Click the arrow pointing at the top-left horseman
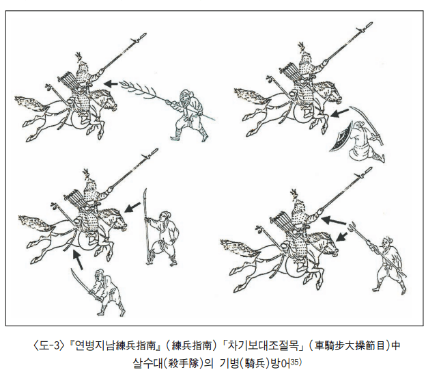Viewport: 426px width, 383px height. [111, 83]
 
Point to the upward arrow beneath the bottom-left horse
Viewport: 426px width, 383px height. [78, 259]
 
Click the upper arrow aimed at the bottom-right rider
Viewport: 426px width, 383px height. [334, 220]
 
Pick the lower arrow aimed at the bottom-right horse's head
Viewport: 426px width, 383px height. [342, 237]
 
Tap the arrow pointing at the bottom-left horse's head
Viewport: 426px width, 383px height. [132, 207]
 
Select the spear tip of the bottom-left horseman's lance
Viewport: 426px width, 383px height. [152, 152]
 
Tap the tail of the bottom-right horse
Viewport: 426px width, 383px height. [240, 248]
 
